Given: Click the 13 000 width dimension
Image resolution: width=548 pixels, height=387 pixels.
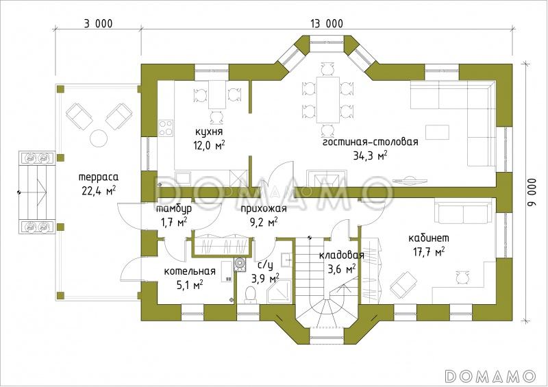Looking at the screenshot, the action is coord(327,24).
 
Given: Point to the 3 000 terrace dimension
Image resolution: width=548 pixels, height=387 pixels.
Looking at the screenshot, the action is coord(98,24).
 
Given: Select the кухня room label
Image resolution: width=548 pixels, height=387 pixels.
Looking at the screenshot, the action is coord(209,132).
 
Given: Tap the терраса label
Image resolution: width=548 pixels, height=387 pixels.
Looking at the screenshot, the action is coord(98,177).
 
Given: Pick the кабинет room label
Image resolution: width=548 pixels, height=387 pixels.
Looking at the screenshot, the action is coord(429,238).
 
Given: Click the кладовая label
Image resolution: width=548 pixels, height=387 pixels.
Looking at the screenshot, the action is coord(341,255).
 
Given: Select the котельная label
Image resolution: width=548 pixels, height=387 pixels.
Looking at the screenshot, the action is coord(190,271).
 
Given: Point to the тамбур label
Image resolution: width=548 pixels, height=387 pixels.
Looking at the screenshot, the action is coord(174,209).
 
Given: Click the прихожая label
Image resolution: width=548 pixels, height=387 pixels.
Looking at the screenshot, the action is coord(264,209).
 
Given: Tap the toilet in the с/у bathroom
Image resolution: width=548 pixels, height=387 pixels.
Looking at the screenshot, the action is coord(250,294).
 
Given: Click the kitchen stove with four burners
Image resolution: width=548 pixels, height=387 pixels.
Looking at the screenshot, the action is coord(166,127).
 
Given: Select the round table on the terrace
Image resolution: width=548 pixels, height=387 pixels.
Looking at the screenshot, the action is coord(98,138).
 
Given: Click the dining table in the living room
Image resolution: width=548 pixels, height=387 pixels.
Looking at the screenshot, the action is coord(327,99).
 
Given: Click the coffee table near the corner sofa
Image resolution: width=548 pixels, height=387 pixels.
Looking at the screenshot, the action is coord(438,133).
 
